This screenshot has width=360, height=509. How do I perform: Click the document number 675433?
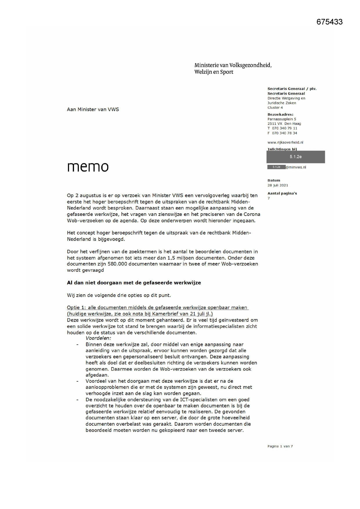click(329, 22)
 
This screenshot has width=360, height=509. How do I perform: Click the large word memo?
click(88, 166)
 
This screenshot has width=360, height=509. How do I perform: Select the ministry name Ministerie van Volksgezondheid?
click(233, 65)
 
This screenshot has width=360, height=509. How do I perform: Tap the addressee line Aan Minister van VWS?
click(93, 109)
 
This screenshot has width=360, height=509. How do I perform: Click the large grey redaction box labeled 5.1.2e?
click(296, 157)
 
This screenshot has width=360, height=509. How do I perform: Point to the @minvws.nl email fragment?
click(296, 167)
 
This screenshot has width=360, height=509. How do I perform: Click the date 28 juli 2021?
click(278, 185)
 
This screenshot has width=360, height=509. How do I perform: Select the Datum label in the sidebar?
click(274, 180)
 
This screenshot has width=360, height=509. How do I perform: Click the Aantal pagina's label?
click(282, 193)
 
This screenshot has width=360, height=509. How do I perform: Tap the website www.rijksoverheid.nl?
click(285, 142)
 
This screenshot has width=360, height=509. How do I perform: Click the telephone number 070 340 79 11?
click(284, 128)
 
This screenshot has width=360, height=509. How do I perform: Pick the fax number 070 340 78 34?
click(284, 133)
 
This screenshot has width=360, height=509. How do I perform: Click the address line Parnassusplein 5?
click(281, 119)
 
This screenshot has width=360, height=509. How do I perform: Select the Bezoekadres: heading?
click(280, 114)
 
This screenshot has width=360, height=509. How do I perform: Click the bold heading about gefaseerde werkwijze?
click(134, 283)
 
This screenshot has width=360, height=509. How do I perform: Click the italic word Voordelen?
click(98, 338)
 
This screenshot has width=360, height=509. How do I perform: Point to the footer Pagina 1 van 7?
click(280, 446)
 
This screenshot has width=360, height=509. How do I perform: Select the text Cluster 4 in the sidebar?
click(275, 108)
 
